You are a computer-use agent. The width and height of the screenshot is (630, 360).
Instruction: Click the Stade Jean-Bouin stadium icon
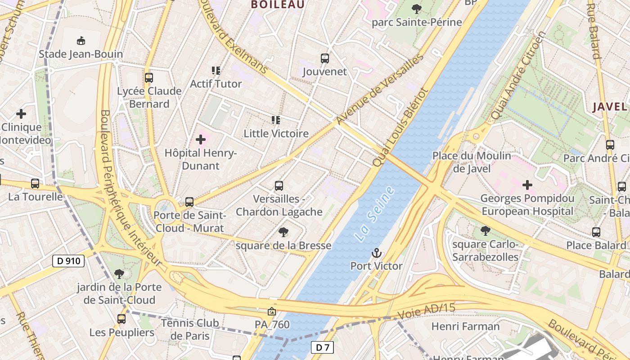(81, 41)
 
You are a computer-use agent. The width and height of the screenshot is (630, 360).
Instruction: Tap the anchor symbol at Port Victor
(376, 253)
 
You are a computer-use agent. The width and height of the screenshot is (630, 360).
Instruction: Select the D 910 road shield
(68, 261)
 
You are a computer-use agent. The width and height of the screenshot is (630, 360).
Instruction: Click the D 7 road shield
(322, 347)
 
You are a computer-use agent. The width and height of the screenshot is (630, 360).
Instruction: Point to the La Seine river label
(374, 214)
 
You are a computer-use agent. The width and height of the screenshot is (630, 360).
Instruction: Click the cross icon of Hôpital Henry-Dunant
(201, 140)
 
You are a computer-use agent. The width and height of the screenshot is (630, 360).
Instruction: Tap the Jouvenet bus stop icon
(325, 58)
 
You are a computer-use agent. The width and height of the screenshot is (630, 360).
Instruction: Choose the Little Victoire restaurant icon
(276, 120)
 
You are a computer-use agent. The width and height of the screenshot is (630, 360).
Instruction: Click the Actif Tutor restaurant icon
(216, 71)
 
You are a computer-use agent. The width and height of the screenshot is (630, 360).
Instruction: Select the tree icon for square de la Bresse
(283, 232)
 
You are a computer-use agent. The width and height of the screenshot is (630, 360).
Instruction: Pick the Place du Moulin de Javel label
(472, 162)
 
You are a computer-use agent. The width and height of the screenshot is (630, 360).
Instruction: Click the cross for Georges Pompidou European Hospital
(527, 184)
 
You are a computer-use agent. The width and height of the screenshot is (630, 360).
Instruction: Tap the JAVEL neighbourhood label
(609, 107)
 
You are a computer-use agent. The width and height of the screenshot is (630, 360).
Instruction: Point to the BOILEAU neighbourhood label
(278, 4)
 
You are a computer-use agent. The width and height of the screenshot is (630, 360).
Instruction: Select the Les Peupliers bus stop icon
(121, 319)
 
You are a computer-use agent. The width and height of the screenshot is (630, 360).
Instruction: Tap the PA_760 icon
(272, 311)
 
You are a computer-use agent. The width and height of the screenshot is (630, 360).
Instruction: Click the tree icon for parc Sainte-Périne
(417, 9)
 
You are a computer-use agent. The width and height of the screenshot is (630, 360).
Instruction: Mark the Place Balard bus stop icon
(596, 232)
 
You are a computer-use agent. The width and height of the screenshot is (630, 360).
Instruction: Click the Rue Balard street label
(594, 30)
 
